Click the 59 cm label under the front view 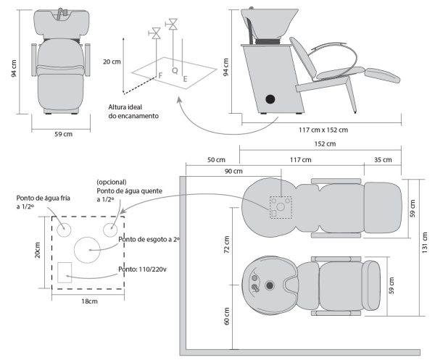[64, 134]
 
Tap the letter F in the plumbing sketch [160, 75]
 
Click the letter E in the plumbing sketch [186, 78]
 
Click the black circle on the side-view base [270, 98]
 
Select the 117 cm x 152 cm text [323, 130]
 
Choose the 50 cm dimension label [213, 159]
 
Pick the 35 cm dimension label [380, 159]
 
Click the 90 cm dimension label [233, 172]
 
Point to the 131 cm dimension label [428, 250]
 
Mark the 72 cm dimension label [227, 247]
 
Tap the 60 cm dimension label [227, 316]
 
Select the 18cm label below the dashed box [89, 301]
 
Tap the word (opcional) [111, 182]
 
